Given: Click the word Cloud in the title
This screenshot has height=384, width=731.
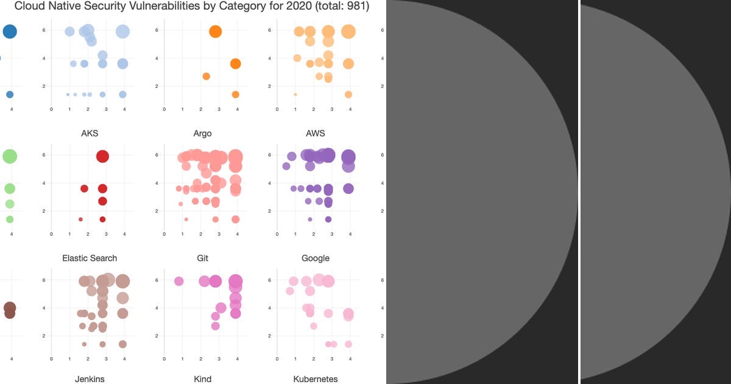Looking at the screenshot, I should (x=30, y=7).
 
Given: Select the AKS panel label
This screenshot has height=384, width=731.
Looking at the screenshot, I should (x=90, y=133).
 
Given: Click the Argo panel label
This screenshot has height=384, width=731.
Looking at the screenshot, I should (x=203, y=133).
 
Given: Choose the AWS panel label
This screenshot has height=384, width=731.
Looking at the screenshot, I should (x=316, y=133).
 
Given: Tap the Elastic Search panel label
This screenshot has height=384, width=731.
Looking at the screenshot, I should (x=90, y=258).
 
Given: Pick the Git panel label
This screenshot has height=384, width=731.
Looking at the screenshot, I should (x=203, y=258).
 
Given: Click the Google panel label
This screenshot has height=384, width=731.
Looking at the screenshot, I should (x=316, y=258).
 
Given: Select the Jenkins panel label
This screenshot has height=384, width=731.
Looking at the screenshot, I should (x=90, y=379).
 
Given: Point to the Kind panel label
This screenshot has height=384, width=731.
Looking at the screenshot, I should (x=203, y=379).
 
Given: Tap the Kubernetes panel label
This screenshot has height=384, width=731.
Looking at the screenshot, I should (x=316, y=379).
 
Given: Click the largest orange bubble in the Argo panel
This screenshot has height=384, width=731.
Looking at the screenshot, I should (x=215, y=32).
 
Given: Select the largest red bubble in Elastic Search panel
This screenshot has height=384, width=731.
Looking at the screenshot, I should (x=102, y=156).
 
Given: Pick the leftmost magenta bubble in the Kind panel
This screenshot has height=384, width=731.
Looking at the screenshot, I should (x=178, y=281).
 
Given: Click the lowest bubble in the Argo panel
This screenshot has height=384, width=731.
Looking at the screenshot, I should (x=235, y=94).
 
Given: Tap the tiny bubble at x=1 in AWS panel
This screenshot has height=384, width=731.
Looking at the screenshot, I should (x=295, y=94).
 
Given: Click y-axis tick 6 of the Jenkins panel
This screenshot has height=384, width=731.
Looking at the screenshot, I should (x=44, y=280).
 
